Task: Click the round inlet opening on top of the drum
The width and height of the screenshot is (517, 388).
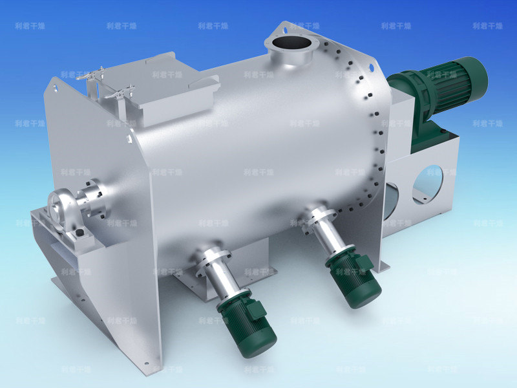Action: tap(290, 45)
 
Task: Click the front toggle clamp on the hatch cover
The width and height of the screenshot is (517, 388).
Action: tap(120, 94)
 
